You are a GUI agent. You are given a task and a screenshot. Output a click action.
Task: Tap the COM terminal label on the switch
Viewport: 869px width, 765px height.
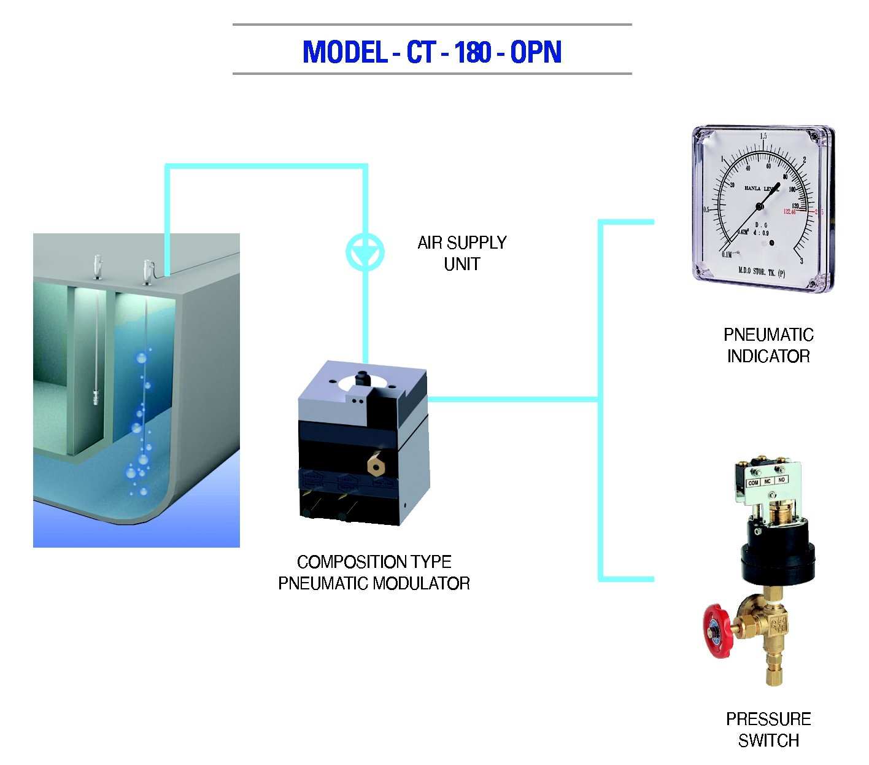(754, 483)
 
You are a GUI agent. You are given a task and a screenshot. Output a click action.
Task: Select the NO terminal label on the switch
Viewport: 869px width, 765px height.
(781, 480)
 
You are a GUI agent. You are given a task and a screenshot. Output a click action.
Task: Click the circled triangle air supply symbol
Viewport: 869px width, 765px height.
(365, 252)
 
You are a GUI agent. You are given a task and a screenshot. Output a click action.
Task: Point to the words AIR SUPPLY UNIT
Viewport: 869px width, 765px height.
(462, 253)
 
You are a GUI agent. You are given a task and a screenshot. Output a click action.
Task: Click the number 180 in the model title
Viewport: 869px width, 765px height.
(473, 52)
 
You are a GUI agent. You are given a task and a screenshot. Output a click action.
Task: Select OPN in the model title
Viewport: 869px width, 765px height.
(536, 52)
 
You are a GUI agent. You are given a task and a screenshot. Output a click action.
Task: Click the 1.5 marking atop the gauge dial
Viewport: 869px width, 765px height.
(763, 136)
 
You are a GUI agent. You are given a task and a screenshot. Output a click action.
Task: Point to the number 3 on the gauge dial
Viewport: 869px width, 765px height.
(801, 261)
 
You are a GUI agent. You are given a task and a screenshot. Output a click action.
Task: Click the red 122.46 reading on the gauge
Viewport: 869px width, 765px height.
(789, 212)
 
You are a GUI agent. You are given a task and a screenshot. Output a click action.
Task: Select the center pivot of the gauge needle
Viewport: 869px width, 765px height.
(760, 206)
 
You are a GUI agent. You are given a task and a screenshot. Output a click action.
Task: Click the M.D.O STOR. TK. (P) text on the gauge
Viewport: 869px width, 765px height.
(761, 272)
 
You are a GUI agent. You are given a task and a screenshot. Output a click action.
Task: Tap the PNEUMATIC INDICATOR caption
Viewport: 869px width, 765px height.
(768, 346)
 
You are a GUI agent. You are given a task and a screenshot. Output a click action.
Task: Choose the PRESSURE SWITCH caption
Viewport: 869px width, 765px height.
(768, 729)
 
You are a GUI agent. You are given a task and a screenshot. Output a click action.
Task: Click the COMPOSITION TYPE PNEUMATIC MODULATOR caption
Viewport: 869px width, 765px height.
(374, 572)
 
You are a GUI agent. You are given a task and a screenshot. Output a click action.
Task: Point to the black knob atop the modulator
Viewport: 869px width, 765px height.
(361, 376)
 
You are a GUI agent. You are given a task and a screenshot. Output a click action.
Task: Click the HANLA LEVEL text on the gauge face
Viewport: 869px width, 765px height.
(761, 188)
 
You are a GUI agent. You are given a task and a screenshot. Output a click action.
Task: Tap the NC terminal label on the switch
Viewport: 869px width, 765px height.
(767, 481)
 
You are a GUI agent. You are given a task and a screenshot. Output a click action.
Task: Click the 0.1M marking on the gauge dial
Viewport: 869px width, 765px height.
(727, 254)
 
